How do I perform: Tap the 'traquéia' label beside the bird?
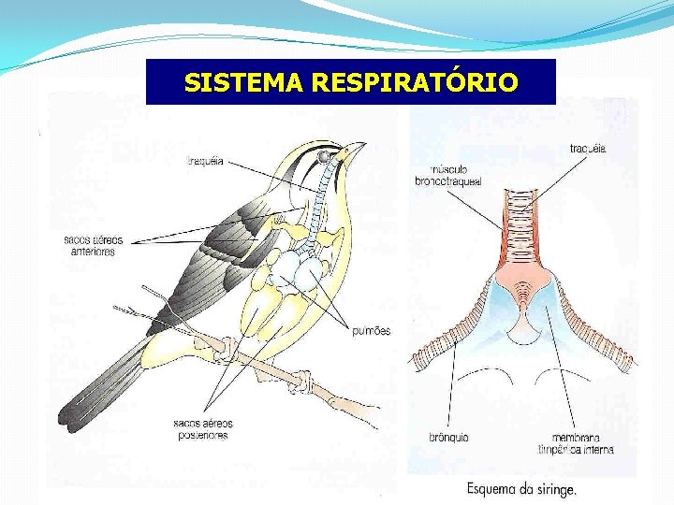[x=206, y=160]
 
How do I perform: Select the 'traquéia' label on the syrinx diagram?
[x=588, y=148]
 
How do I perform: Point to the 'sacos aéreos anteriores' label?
[x=94, y=246]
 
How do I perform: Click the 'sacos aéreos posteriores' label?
[x=202, y=429]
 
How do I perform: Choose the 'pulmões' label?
[x=372, y=330]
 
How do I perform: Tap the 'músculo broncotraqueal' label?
[x=447, y=176]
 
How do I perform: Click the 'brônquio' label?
[x=448, y=437]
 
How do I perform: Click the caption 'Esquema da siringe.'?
[x=521, y=489]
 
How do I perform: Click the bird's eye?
[x=323, y=155]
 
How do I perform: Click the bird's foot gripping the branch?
[x=301, y=382]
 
